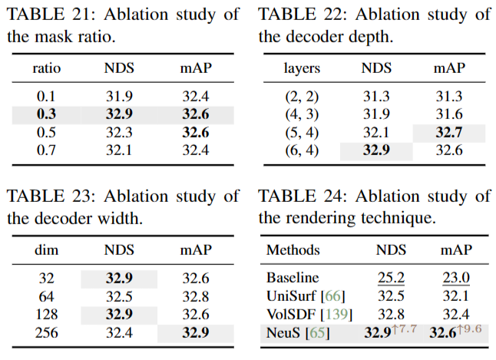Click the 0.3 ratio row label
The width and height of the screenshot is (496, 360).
(x=46, y=114)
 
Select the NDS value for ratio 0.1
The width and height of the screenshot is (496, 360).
(x=119, y=96)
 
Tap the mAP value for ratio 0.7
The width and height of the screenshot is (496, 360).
(x=196, y=150)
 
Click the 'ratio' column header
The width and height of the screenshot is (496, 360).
(x=47, y=68)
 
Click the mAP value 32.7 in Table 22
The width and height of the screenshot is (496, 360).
(x=449, y=132)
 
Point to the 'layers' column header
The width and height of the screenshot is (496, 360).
(x=302, y=68)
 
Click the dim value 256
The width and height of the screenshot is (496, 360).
(x=47, y=333)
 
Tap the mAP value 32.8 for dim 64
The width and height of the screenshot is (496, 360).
(x=196, y=297)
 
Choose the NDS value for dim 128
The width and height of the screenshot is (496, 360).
(x=119, y=315)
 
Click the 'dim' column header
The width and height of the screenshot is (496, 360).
(x=47, y=250)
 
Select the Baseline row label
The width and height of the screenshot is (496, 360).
(x=293, y=278)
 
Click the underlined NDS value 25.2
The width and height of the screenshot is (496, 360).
(x=391, y=278)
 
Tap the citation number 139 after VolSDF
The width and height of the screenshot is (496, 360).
(x=337, y=315)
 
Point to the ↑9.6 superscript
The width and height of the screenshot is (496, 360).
(x=469, y=329)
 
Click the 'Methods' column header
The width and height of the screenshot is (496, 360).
(x=293, y=250)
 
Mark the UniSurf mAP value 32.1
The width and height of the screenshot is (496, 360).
(x=455, y=296)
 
